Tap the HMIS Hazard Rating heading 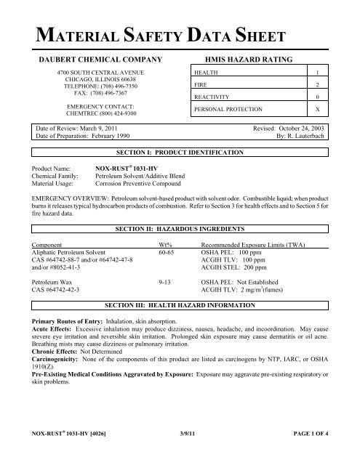249,58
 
